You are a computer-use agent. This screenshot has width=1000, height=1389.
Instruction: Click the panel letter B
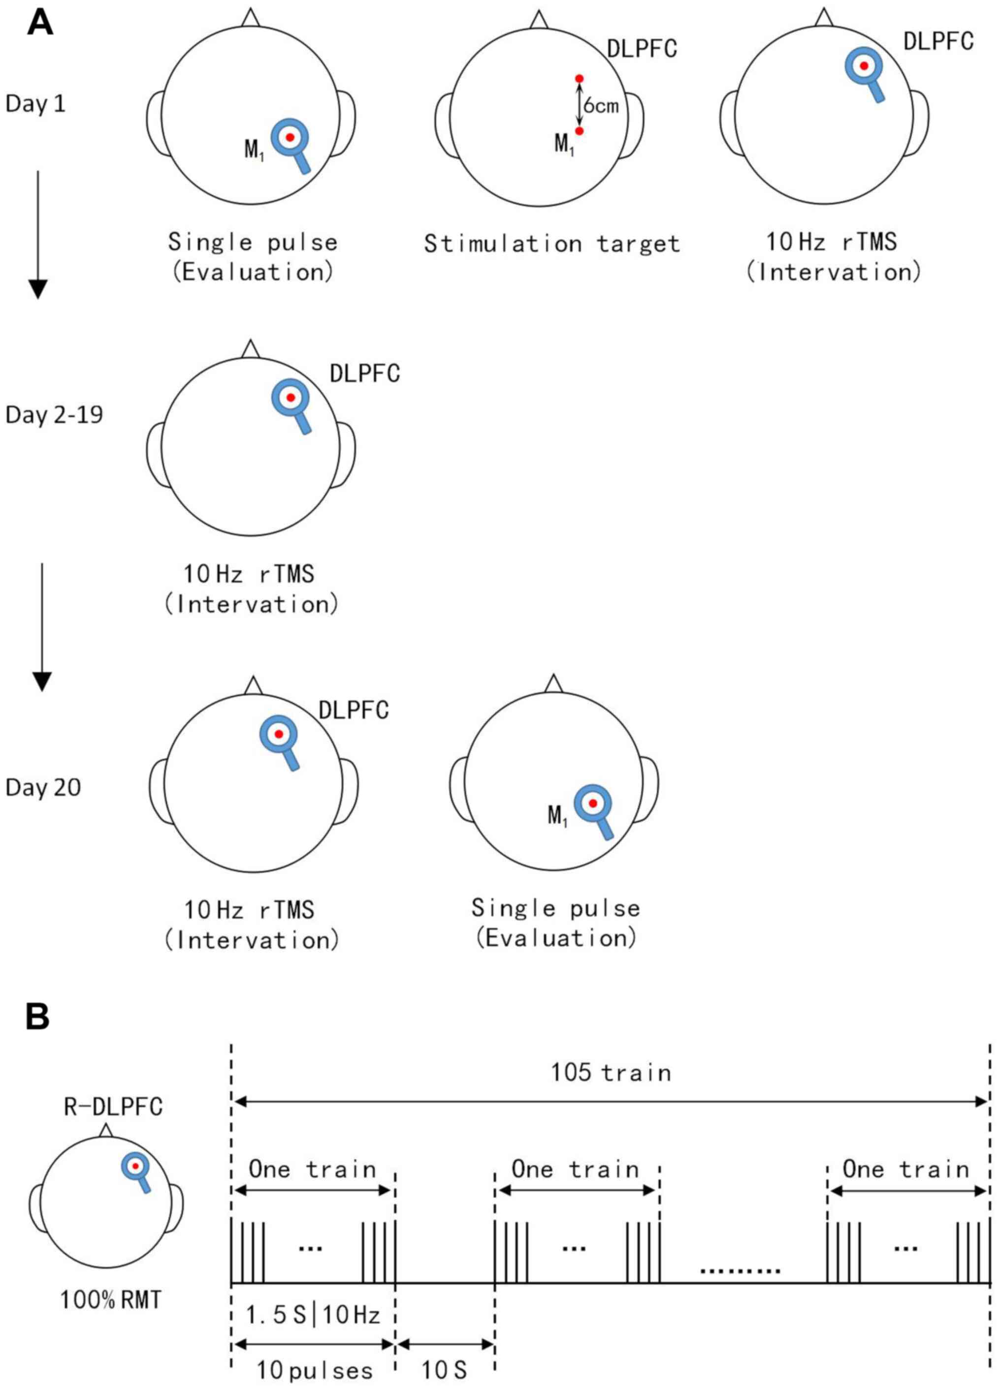click(37, 1016)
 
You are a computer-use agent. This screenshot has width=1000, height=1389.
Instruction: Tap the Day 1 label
click(35, 103)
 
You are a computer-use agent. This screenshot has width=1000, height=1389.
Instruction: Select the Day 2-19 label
click(54, 415)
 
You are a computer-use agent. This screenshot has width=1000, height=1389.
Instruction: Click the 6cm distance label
click(601, 106)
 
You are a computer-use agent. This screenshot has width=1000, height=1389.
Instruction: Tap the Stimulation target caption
click(551, 244)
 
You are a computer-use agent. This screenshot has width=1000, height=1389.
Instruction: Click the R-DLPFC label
click(113, 1107)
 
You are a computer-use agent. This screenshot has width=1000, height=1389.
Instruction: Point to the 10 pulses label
click(314, 1370)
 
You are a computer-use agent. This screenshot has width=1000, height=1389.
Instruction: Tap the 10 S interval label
click(444, 1370)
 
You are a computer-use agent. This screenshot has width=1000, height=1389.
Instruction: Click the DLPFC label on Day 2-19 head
click(364, 373)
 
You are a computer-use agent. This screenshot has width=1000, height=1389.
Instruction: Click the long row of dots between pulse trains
click(740, 1271)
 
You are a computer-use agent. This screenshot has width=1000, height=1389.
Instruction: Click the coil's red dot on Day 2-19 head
click(290, 398)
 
